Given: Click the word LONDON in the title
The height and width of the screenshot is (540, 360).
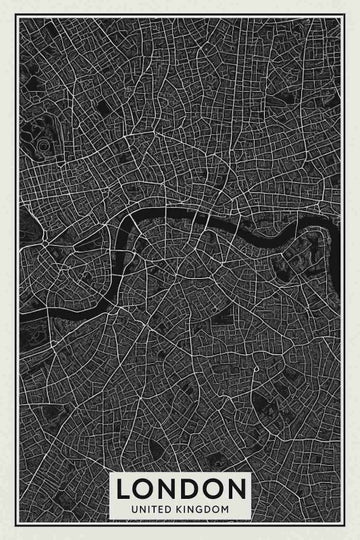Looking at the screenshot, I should pyautogui.click(x=180, y=490).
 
